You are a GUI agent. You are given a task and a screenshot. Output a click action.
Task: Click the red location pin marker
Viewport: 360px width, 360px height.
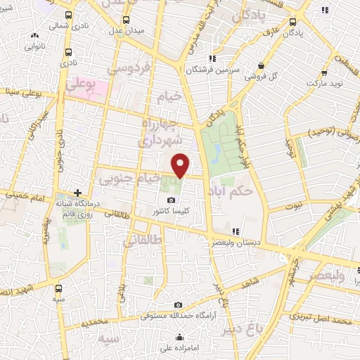coord(181,165)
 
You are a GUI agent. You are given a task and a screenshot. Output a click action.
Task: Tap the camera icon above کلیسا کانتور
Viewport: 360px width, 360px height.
coord(171,200)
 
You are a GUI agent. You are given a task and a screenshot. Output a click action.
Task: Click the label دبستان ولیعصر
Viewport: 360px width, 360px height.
coord(235,241)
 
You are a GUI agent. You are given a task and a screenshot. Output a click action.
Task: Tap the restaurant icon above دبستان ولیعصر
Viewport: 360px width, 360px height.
coord(236,231)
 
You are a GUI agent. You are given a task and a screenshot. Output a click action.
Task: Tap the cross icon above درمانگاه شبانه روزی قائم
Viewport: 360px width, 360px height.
coord(77,193)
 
